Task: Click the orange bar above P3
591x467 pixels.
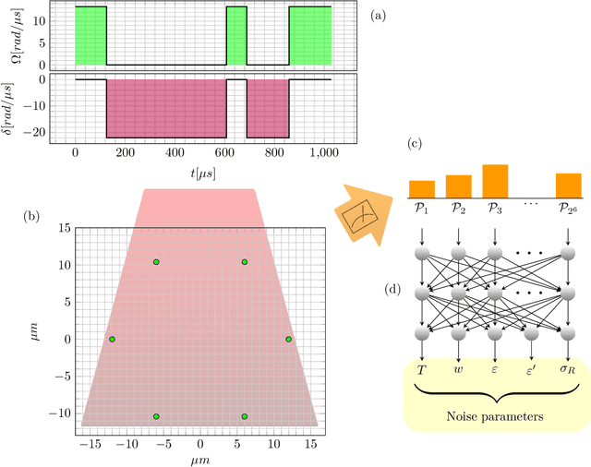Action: click(495, 181)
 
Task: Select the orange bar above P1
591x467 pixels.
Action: click(421, 189)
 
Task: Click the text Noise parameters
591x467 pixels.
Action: click(494, 417)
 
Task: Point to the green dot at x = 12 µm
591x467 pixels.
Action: click(288, 340)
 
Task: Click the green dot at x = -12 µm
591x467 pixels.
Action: click(112, 340)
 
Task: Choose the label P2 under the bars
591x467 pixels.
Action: click(458, 210)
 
